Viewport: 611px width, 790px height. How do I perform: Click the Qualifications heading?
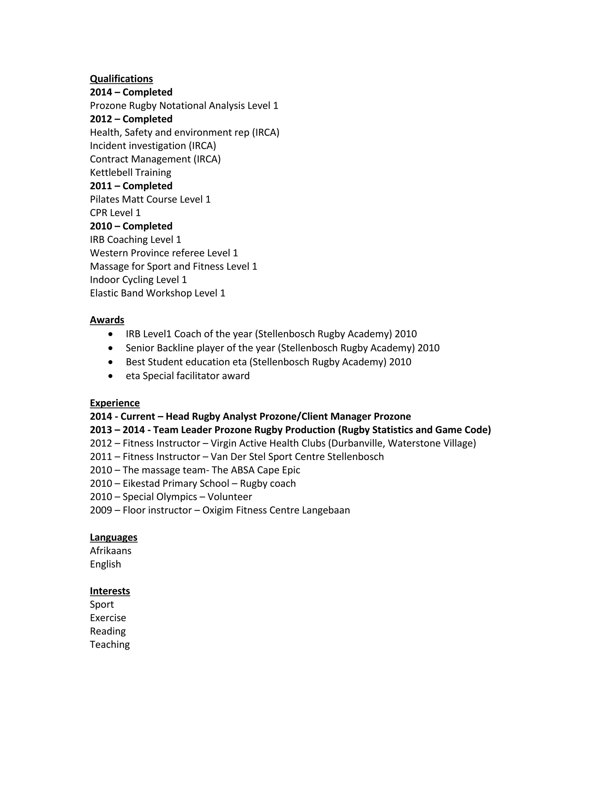coord(121,79)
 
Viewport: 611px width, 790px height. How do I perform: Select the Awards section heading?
coord(107,320)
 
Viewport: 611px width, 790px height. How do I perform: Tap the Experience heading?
coord(115,403)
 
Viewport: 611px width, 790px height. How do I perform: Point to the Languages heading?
coord(113,537)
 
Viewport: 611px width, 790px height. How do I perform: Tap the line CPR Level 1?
coord(115,213)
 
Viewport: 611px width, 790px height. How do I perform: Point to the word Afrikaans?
coord(110,551)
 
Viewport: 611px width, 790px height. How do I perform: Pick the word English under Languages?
coord(105,564)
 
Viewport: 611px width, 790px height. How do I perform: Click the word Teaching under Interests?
coord(110,644)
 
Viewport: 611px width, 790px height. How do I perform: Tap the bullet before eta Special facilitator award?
coord(110,376)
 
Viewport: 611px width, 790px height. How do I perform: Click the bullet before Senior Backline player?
coord(110,348)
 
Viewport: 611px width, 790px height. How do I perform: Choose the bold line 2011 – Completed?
coord(131,186)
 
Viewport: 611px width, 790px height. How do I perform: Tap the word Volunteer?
coord(229,497)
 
